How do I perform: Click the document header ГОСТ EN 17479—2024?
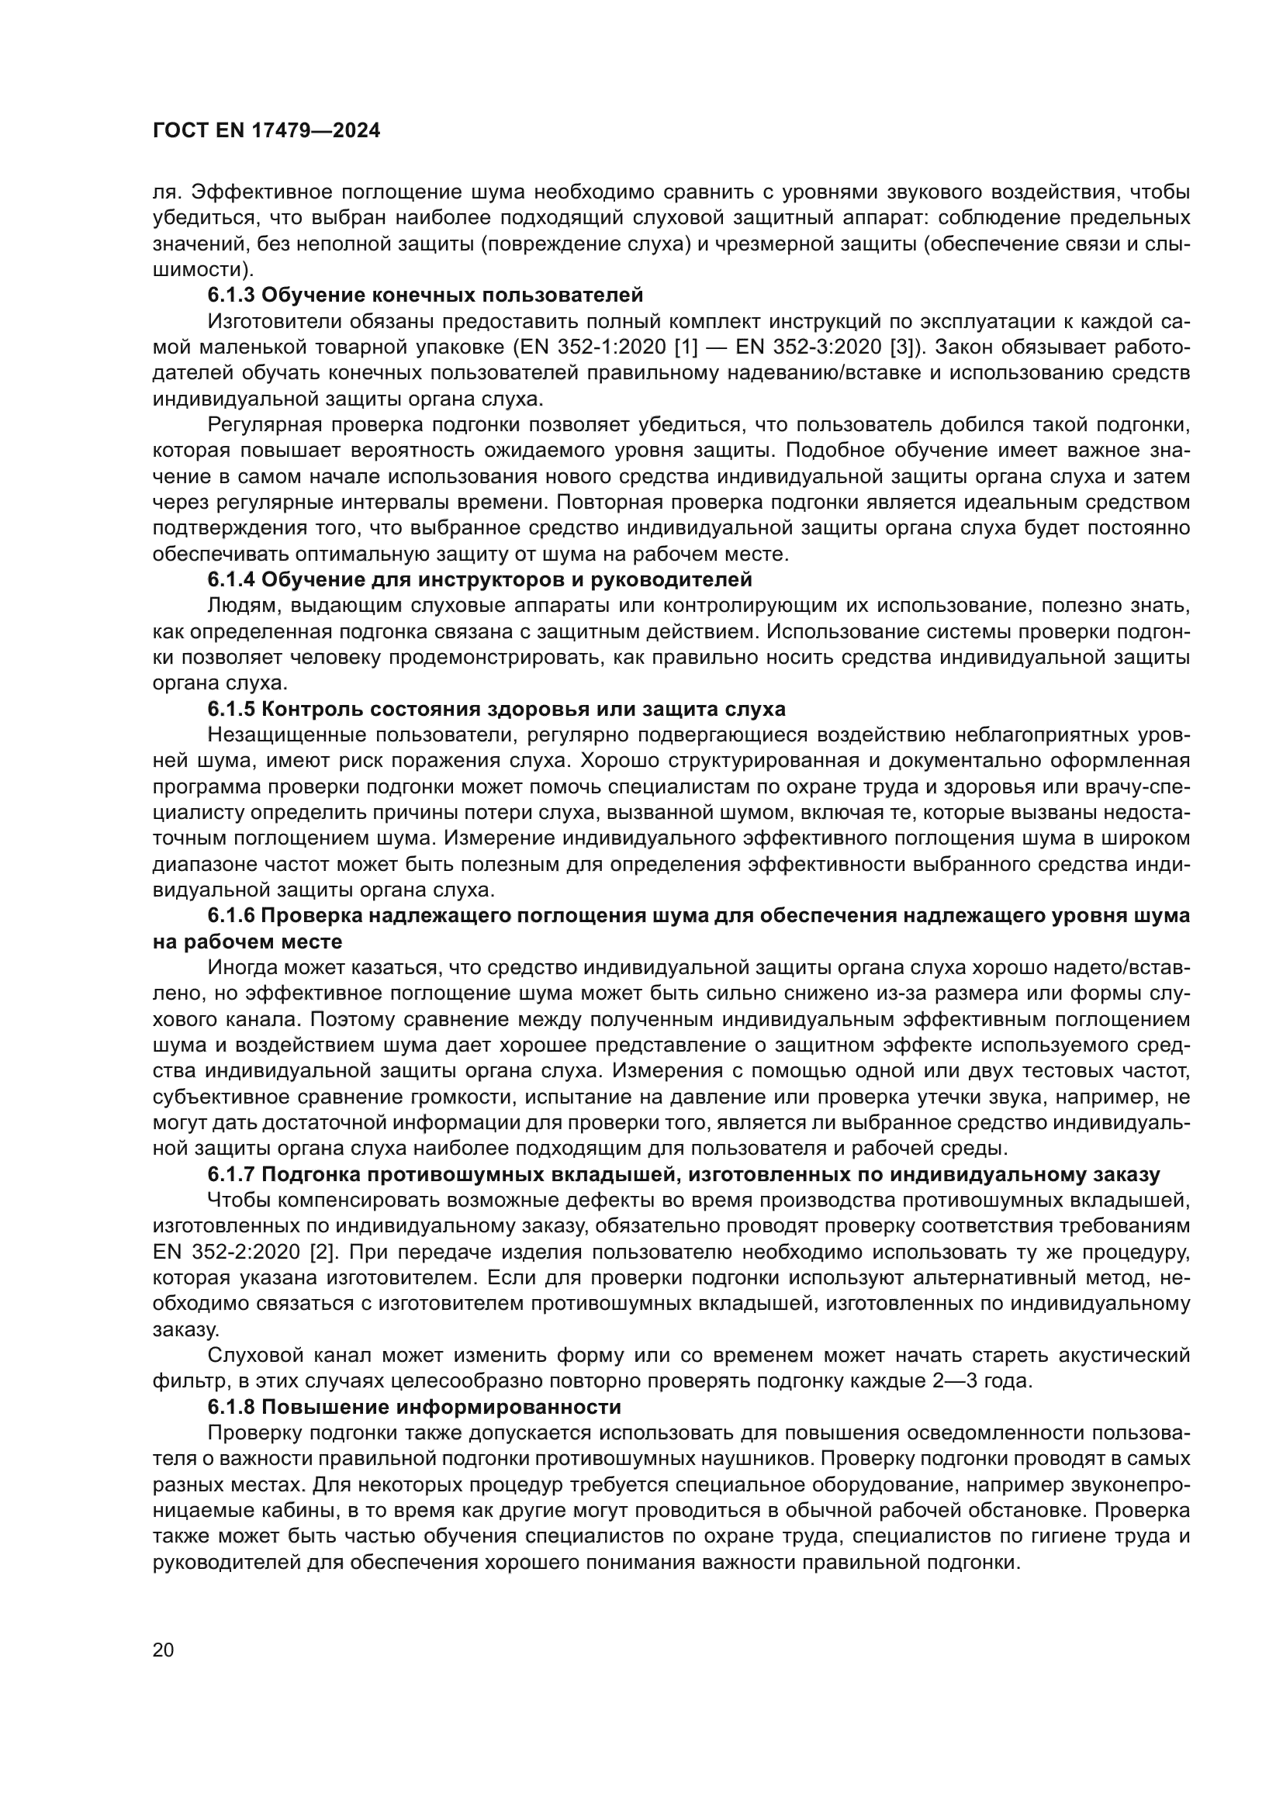pyautogui.click(x=266, y=131)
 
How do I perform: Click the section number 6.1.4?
pyautogui.click(x=231, y=579)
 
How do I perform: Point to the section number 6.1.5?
pyautogui.click(x=231, y=709)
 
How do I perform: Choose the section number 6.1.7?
pyautogui.click(x=231, y=1175)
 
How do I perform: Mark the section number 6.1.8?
pyautogui.click(x=231, y=1407)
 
